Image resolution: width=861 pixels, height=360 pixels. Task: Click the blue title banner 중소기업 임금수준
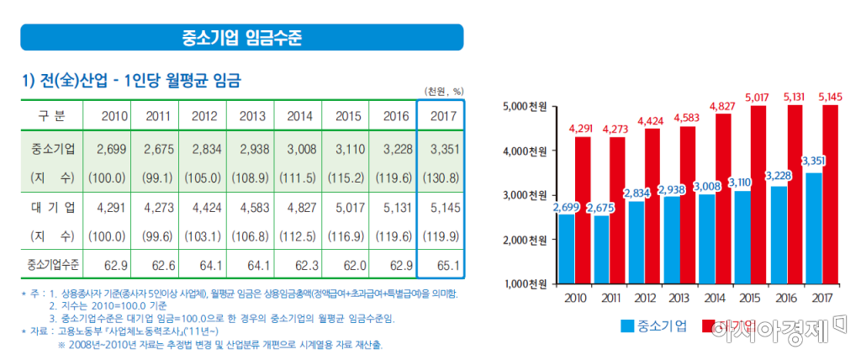(x=242, y=37)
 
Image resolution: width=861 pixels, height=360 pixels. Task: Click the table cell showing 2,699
(x=111, y=149)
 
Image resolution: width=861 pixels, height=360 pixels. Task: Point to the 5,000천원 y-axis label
(x=526, y=107)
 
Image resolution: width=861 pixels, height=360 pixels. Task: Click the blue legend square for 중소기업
(x=626, y=326)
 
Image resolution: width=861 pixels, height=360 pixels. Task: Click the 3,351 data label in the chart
(x=812, y=161)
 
